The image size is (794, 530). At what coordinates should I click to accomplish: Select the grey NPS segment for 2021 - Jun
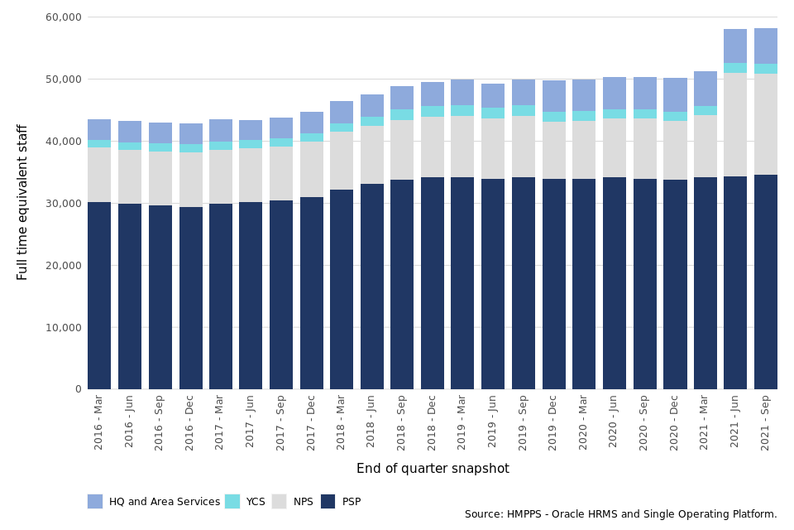[735, 124]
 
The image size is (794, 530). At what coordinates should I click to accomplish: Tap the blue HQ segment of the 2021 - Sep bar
[765, 46]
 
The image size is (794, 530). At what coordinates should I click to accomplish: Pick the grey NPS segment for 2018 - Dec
[433, 147]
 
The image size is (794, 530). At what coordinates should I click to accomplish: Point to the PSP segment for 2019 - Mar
[462, 283]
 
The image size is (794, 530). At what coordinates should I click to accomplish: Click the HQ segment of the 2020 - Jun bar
[615, 93]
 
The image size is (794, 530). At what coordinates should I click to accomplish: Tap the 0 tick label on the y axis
[78, 389]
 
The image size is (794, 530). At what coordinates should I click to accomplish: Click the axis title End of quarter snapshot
[433, 469]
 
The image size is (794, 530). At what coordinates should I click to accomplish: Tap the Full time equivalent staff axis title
[23, 202]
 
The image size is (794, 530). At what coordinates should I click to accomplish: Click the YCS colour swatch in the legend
[232, 501]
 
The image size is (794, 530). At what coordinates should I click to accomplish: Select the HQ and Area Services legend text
[165, 502]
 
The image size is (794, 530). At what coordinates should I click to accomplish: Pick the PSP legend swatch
[328, 501]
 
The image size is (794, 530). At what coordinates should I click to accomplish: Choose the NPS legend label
[304, 502]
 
